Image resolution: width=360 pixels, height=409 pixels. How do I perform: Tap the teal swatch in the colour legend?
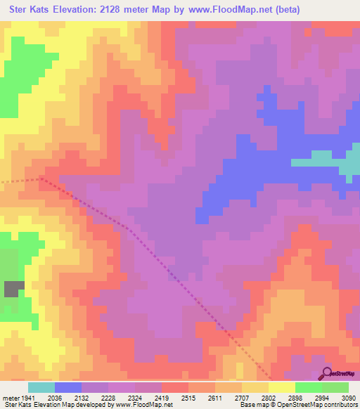pyautogui.click(x=41, y=387)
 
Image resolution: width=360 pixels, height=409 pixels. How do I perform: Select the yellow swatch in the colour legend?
pyautogui.click(x=281, y=387)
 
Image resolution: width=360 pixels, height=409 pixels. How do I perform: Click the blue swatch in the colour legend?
pyautogui.click(x=68, y=387)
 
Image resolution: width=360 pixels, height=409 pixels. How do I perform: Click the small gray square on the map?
pyautogui.click(x=14, y=288)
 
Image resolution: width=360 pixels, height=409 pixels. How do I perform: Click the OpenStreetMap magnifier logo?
pyautogui.click(x=326, y=373)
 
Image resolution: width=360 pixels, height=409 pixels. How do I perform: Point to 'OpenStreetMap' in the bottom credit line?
pyautogui.click(x=310, y=405)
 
